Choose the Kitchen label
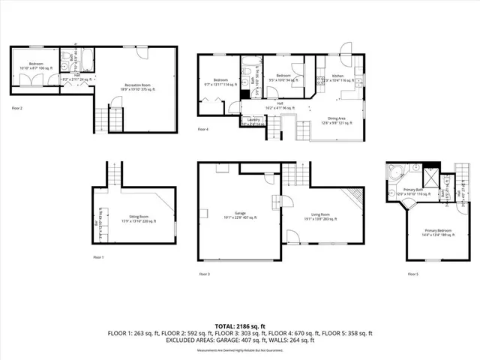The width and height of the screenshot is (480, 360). click(338, 77)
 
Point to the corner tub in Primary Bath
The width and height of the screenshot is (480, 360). click(395, 172)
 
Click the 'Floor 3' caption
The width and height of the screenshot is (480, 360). click(203, 274)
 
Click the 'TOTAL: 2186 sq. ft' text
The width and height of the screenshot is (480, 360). click(240, 325)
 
